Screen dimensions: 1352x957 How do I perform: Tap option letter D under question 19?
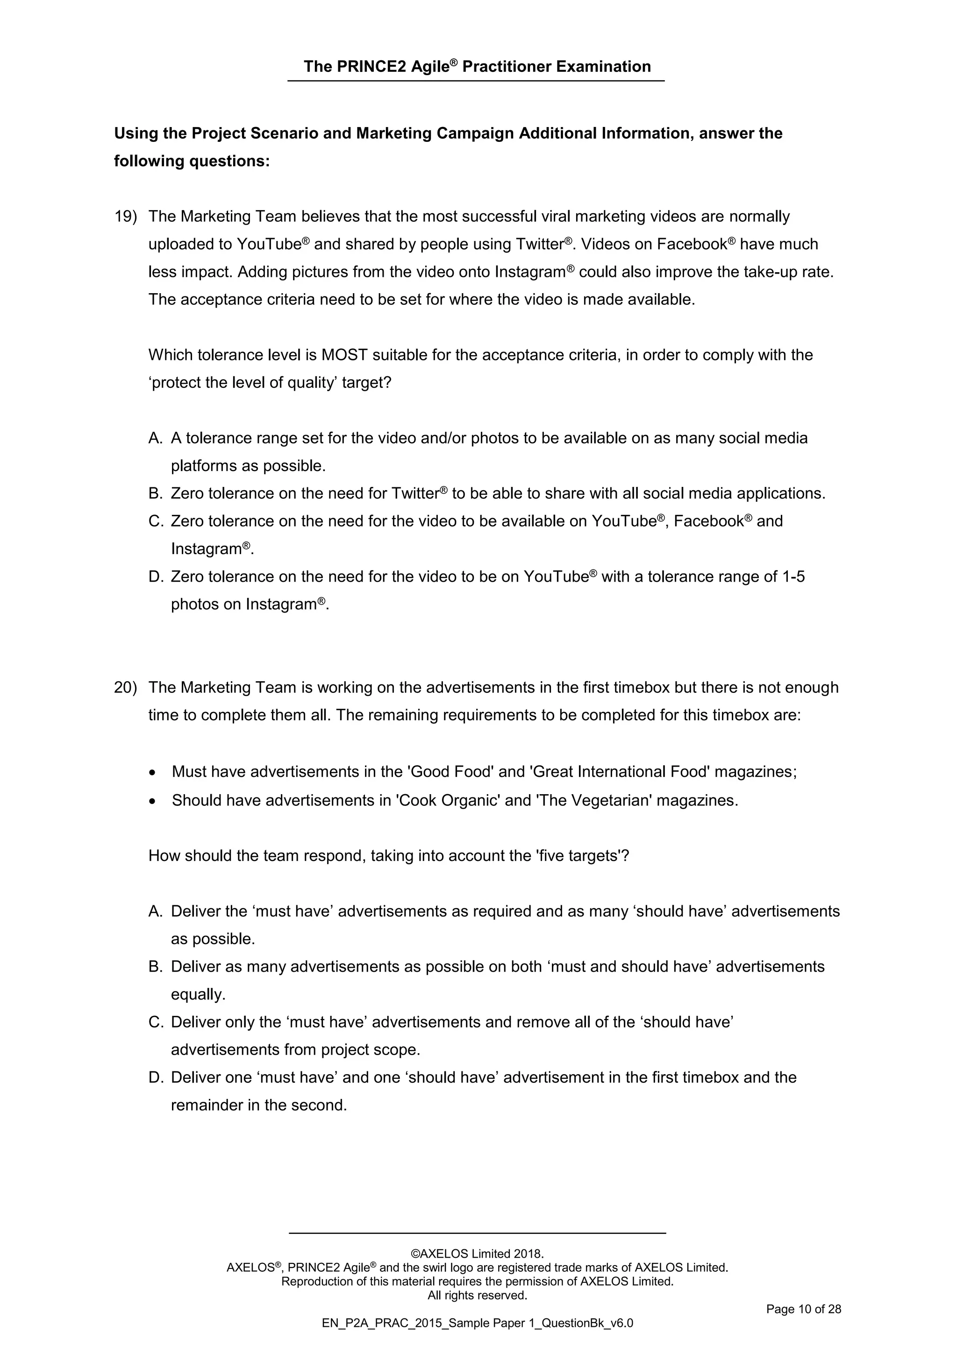pyautogui.click(x=155, y=577)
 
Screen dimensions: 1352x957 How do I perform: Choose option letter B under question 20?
pyautogui.click(x=155, y=967)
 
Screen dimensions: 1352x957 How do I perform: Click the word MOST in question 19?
pyautogui.click(x=345, y=355)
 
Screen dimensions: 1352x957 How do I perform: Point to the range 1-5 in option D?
pyautogui.click(x=793, y=577)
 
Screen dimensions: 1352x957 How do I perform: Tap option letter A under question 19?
pyautogui.click(x=155, y=438)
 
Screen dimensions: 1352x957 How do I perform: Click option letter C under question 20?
pyautogui.click(x=155, y=1022)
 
